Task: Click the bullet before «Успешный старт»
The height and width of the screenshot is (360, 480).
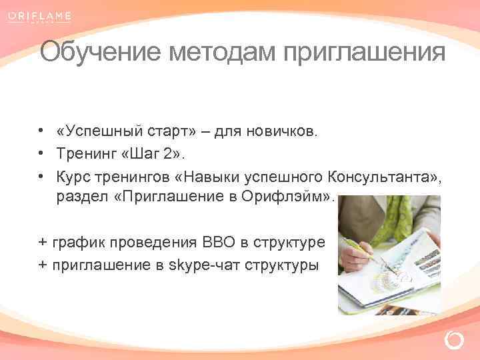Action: click(41, 131)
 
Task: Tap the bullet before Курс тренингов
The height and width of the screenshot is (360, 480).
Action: click(41, 177)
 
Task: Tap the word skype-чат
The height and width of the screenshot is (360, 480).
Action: click(207, 265)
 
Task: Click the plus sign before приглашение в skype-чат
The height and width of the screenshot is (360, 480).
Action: click(43, 265)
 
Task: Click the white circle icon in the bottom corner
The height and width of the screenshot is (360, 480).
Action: click(453, 341)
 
